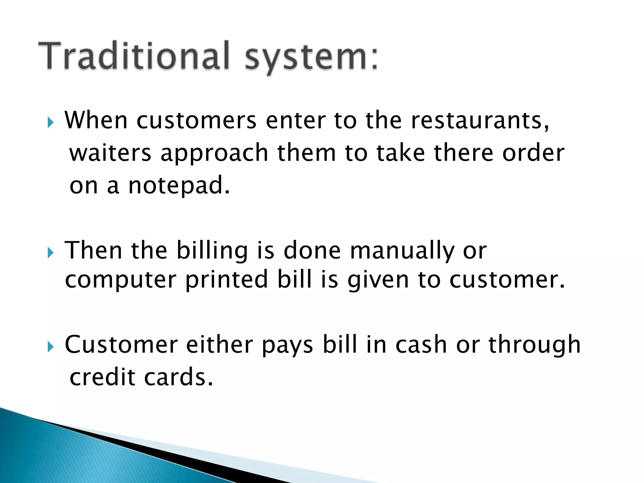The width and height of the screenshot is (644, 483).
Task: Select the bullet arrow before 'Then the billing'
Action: tap(51, 252)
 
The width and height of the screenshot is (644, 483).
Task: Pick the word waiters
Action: tap(110, 153)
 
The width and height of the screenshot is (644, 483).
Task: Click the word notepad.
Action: tap(179, 186)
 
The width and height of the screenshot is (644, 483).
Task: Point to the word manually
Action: tap(402, 251)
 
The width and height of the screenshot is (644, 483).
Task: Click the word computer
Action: tap(120, 280)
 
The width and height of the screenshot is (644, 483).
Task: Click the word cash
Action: tap(421, 345)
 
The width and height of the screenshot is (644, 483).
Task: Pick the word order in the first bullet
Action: tap(533, 153)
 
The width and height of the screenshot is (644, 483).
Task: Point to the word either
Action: tap(219, 345)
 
